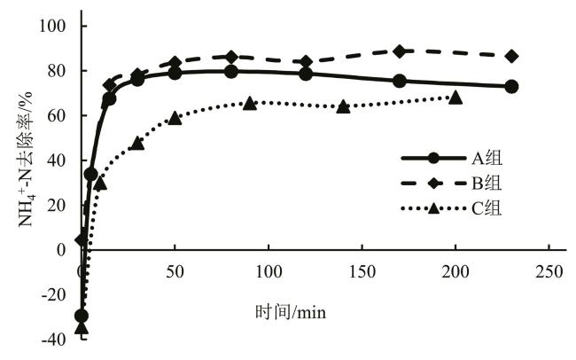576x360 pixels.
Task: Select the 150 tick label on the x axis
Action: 362,270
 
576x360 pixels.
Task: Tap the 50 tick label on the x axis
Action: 175,270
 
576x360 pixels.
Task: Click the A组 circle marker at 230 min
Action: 511,87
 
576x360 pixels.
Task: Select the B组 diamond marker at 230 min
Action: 511,56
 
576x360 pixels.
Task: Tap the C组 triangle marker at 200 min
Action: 455,97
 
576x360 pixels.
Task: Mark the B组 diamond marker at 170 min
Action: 400,51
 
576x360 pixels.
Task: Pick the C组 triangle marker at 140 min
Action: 343,106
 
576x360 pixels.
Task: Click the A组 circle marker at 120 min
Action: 306,74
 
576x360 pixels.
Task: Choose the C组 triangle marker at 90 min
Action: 250,103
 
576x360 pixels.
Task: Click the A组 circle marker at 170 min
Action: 400,81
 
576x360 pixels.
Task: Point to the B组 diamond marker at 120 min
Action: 306,62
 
